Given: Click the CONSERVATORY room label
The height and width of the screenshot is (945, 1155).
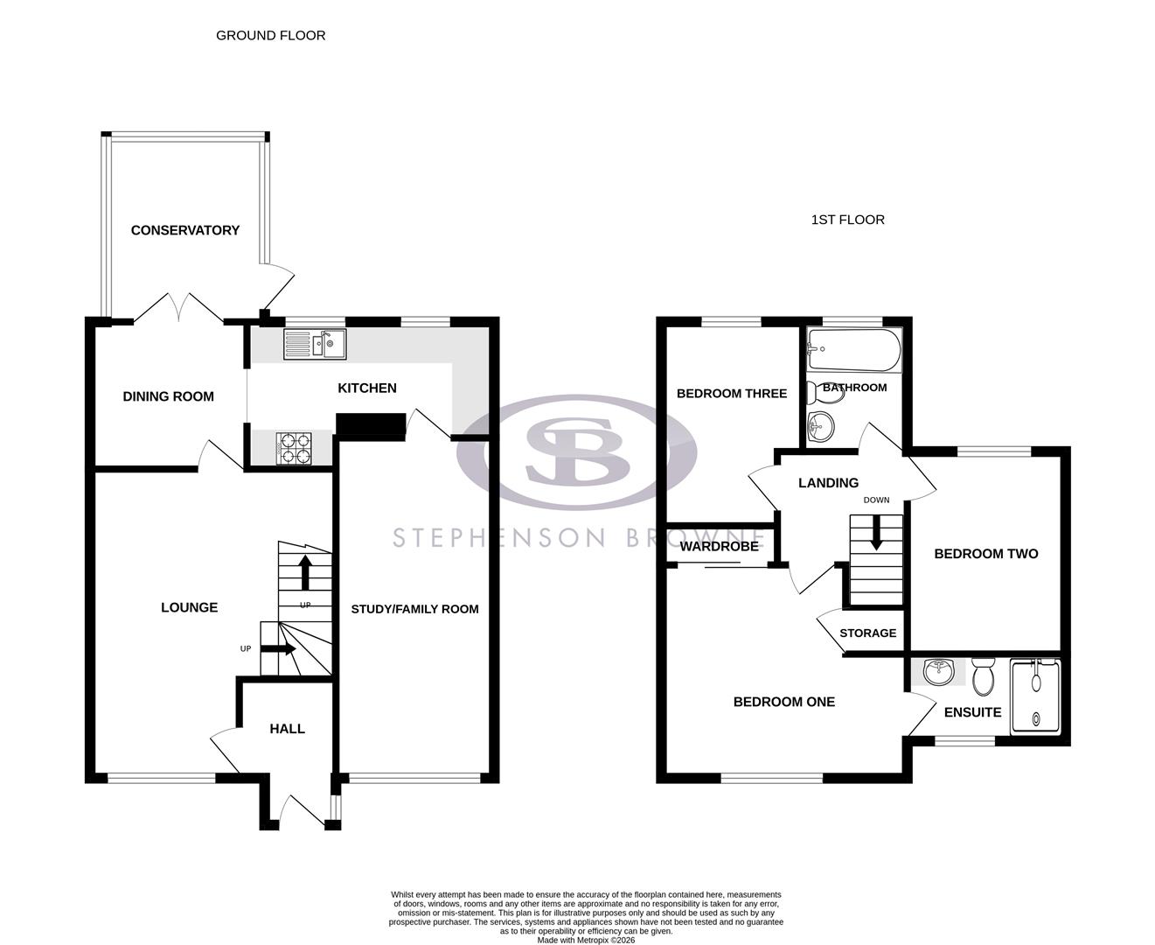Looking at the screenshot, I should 184,230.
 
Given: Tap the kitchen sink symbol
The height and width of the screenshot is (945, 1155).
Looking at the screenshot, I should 315,344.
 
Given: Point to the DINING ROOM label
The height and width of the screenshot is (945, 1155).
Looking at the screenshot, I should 168,396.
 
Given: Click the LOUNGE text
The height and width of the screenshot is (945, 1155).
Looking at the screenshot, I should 189,607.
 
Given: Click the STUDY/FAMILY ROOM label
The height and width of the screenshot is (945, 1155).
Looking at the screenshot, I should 414,609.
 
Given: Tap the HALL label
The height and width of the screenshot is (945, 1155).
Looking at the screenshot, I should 287,728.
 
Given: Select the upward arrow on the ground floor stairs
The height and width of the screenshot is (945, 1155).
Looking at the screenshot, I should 305,572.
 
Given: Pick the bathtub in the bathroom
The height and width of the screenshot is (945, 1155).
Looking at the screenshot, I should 853,350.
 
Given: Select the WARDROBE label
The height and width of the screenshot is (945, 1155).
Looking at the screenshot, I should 720,546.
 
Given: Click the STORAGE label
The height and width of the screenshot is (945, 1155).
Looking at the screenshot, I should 867,633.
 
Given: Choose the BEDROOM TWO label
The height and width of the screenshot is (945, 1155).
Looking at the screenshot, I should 985,553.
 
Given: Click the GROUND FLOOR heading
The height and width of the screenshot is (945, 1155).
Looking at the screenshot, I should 270,35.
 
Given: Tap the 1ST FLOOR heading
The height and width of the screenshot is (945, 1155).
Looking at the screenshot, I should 847,220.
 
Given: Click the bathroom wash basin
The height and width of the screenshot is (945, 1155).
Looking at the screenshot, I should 821,427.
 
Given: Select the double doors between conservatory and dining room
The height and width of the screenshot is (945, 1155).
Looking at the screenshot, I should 178,307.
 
